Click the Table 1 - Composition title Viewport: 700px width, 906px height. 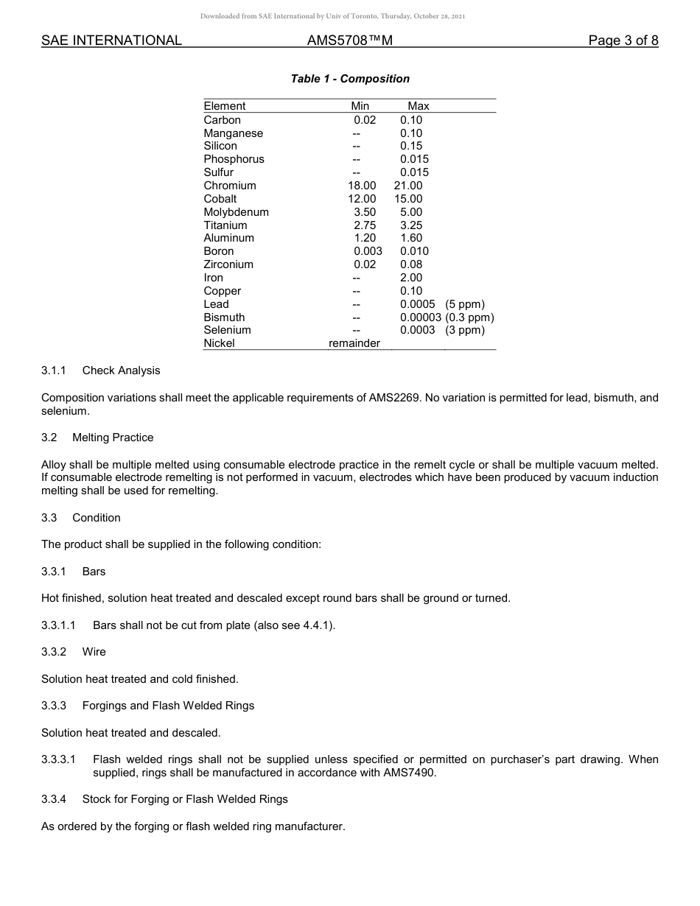point(350,79)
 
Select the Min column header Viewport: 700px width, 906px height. point(360,106)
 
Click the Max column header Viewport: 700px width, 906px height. point(418,106)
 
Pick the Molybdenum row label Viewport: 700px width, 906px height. point(236,212)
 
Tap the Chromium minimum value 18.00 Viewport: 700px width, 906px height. point(362,186)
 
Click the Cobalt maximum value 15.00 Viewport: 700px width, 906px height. point(408,199)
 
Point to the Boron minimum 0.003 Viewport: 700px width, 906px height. point(368,251)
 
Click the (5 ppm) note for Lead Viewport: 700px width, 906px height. point(465,304)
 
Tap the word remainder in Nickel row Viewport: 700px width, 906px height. point(354,343)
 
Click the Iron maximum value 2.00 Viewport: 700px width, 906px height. point(411,278)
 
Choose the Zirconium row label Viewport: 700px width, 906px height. point(228,264)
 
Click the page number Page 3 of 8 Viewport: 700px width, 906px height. point(623,41)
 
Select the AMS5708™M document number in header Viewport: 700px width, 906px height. point(350,41)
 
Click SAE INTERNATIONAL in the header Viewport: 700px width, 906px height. point(111,41)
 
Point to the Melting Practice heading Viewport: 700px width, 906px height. point(113,438)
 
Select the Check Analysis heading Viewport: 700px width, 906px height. point(121,371)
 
